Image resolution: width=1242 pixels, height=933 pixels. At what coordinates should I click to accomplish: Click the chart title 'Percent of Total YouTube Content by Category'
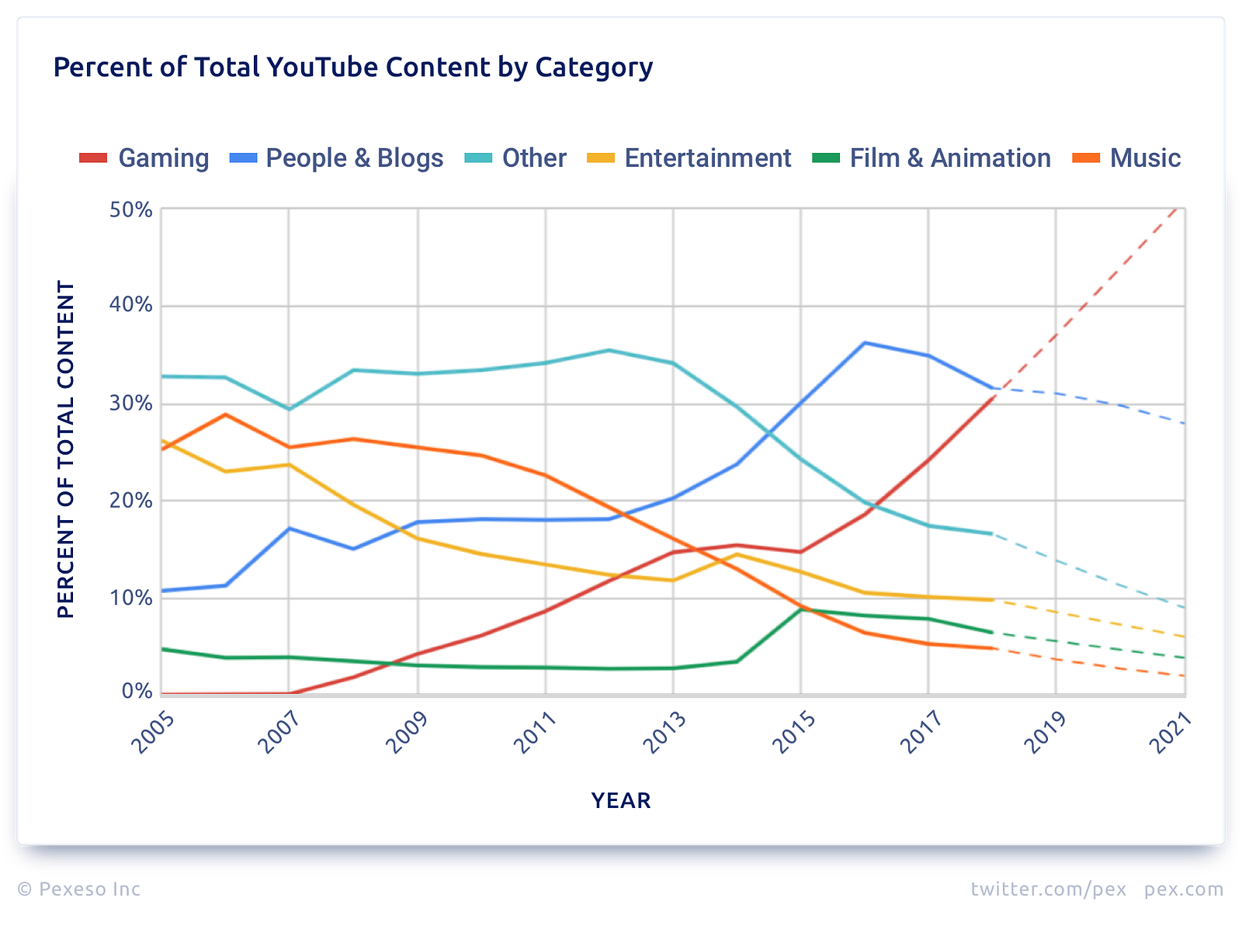coord(353,68)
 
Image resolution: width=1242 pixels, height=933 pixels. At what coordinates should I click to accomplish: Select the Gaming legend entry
coord(144,158)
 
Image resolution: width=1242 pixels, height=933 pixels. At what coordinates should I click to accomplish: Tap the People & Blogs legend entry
coord(337,158)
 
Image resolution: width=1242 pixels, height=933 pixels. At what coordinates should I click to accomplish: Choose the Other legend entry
coord(515,158)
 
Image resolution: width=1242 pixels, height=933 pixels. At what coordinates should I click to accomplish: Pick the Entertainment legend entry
coord(689,158)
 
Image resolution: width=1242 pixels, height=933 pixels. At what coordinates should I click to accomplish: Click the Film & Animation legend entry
coord(931,158)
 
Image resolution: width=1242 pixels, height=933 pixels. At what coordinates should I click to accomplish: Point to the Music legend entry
coord(1126,158)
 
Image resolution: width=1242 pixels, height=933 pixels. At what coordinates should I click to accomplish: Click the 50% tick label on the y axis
coord(130,210)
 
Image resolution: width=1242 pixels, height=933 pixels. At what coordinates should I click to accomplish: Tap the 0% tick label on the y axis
coord(137,691)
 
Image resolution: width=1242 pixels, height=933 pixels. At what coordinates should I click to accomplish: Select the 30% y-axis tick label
coord(130,404)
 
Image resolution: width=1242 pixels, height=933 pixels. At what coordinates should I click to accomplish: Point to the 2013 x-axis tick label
coord(664,733)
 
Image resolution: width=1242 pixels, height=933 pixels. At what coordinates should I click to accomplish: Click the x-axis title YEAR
coord(621,800)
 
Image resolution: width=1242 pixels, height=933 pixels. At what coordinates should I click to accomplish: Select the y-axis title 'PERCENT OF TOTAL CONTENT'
coord(66,449)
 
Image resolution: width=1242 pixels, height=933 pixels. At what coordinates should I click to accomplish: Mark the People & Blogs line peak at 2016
coord(865,343)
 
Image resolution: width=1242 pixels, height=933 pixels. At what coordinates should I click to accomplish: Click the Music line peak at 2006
coord(226,414)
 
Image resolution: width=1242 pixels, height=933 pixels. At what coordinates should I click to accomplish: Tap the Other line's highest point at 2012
coord(609,350)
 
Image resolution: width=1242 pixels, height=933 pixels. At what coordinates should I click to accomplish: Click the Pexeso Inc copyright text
coord(78,889)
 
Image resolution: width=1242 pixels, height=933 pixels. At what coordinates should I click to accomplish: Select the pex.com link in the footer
coord(1184,890)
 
